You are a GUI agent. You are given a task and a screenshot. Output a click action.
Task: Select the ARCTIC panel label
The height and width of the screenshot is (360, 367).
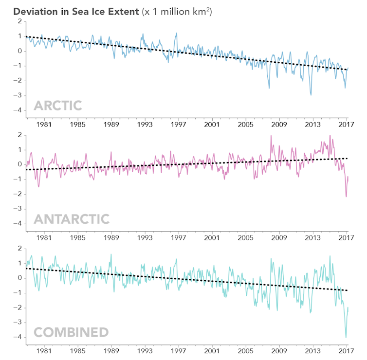57,106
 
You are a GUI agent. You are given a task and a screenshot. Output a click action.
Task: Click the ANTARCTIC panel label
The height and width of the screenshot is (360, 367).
72,219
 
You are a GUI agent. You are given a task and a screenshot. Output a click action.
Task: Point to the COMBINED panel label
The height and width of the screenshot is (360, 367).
71,332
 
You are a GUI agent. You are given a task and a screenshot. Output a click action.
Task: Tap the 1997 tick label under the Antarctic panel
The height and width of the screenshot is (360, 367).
179,238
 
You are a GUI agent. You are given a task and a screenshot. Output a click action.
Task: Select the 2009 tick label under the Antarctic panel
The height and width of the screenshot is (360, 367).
279,238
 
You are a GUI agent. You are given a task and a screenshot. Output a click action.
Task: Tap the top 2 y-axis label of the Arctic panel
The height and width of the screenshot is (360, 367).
19,21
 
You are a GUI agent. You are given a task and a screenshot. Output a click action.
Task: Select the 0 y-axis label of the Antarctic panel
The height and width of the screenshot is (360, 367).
19,164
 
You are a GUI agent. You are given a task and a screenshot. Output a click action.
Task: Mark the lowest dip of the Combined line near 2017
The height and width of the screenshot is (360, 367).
346,337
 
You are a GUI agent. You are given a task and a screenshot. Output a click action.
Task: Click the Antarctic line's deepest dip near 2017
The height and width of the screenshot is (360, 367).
346,197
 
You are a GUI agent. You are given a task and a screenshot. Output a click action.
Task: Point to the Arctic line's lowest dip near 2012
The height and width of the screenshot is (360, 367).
311,95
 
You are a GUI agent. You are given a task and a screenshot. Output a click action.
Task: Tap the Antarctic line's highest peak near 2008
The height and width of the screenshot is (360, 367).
271,136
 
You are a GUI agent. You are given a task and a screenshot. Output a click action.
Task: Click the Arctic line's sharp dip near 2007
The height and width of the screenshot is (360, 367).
269,88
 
